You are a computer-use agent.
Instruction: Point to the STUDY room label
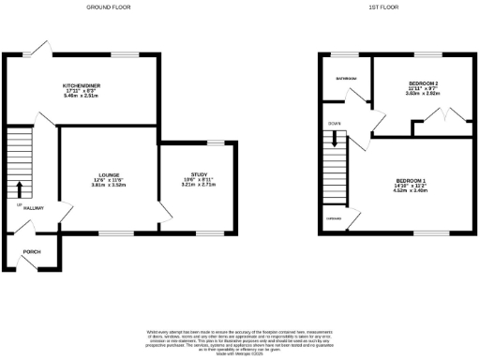click(x=198, y=174)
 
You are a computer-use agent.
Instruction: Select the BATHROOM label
click(x=347, y=79)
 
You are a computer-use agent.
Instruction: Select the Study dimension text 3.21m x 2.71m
click(x=198, y=185)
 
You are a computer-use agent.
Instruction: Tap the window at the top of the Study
click(x=217, y=142)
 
